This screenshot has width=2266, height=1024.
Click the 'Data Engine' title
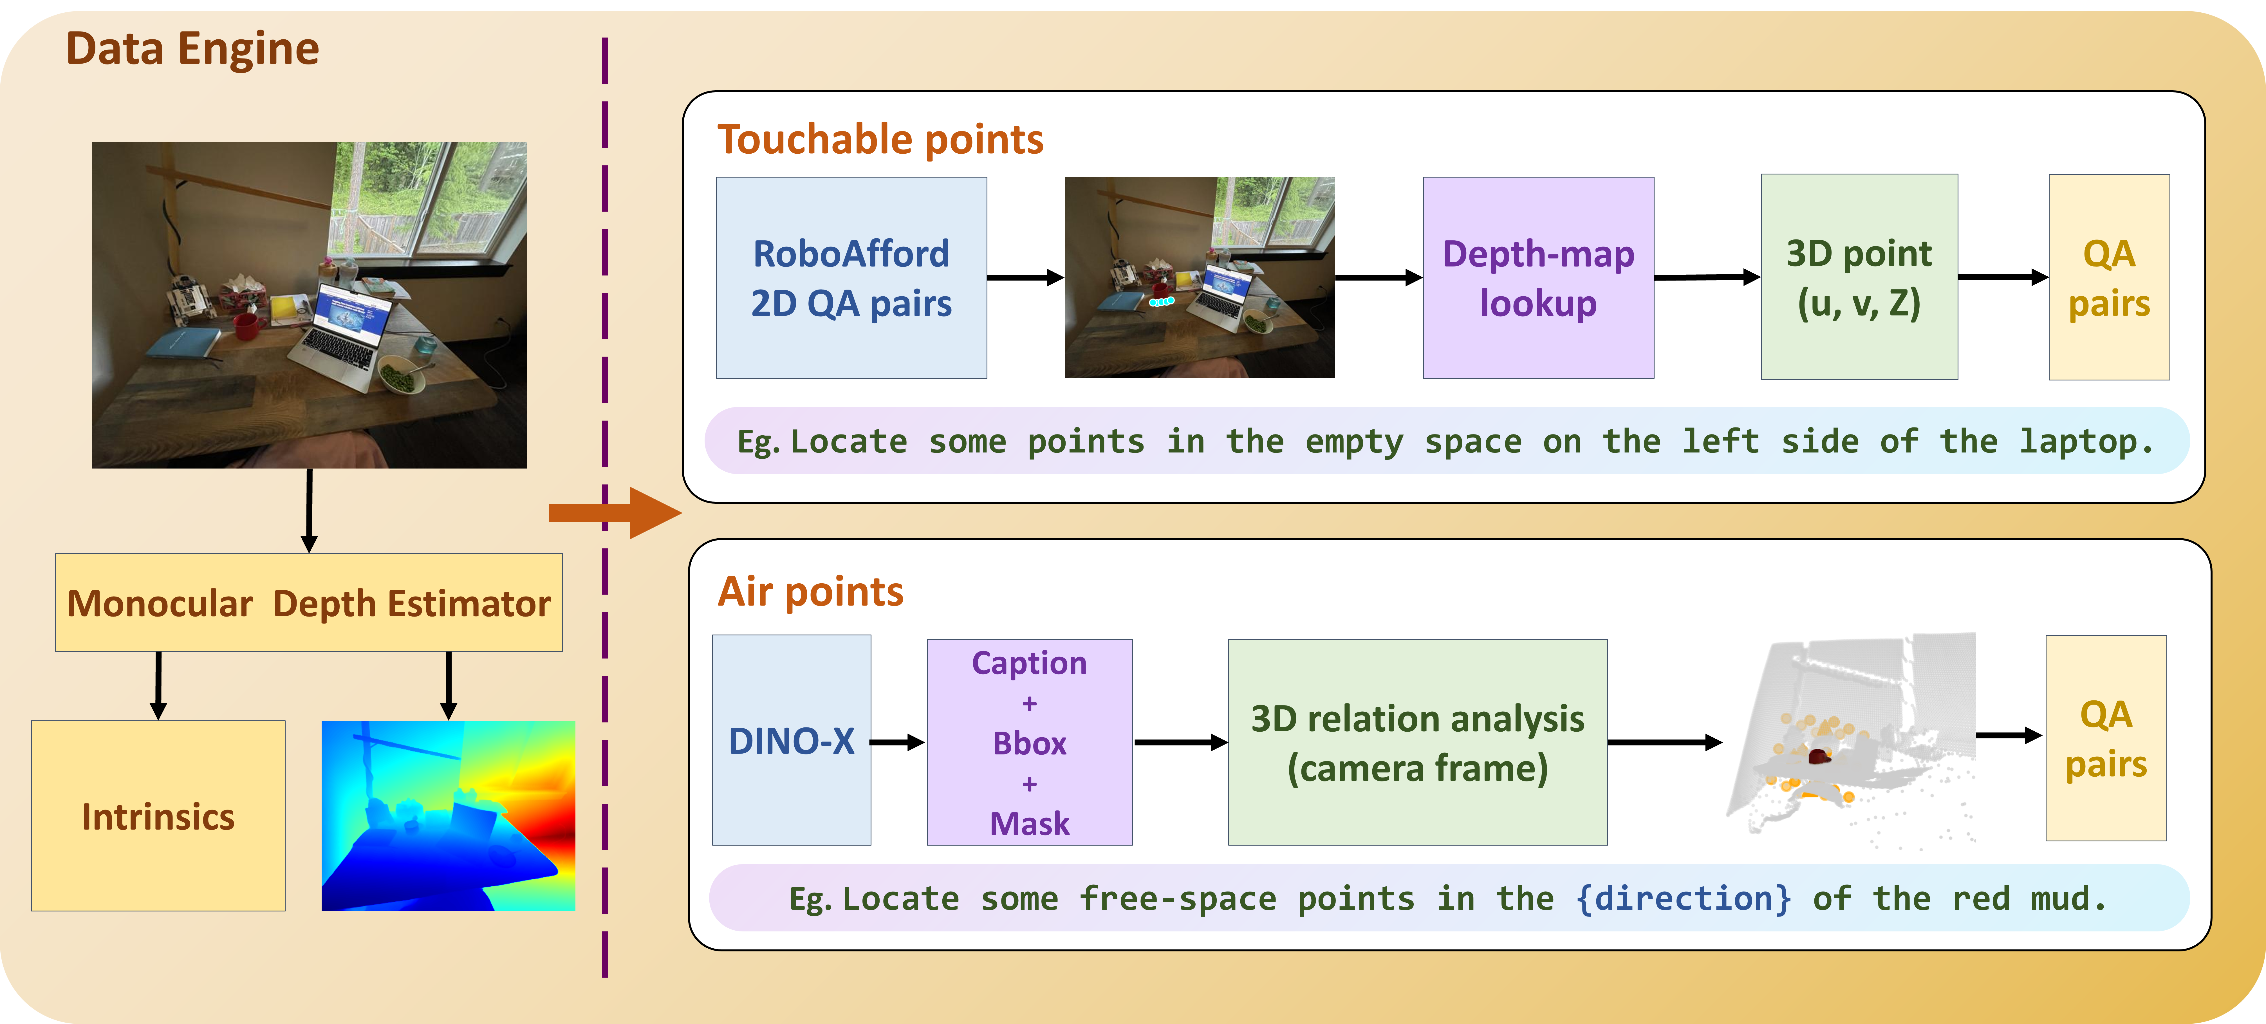192,48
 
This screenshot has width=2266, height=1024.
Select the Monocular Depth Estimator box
309,603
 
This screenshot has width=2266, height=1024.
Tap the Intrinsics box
158,815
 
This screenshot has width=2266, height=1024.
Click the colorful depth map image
448,815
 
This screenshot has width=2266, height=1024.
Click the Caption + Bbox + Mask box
1029,741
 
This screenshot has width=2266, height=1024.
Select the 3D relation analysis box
1417,741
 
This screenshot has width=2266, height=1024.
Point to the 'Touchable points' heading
880,139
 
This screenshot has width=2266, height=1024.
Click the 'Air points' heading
810,591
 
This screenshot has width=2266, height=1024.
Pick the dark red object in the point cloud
1818,755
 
